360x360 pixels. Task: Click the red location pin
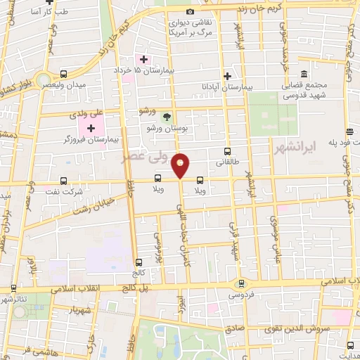[x=181, y=165]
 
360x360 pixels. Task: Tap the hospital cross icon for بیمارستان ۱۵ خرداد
[x=143, y=59]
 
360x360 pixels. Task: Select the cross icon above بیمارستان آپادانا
[x=226, y=75]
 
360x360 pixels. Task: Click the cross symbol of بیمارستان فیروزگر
[x=91, y=128]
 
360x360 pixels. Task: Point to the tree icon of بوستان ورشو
[x=167, y=117]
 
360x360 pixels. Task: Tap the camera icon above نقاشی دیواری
[x=190, y=12]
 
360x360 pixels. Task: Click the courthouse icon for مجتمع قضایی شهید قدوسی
[x=304, y=74]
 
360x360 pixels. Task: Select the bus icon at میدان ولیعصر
[x=64, y=74]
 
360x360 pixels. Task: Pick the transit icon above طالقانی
[x=226, y=151]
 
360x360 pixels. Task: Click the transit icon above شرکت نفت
[x=64, y=180]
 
